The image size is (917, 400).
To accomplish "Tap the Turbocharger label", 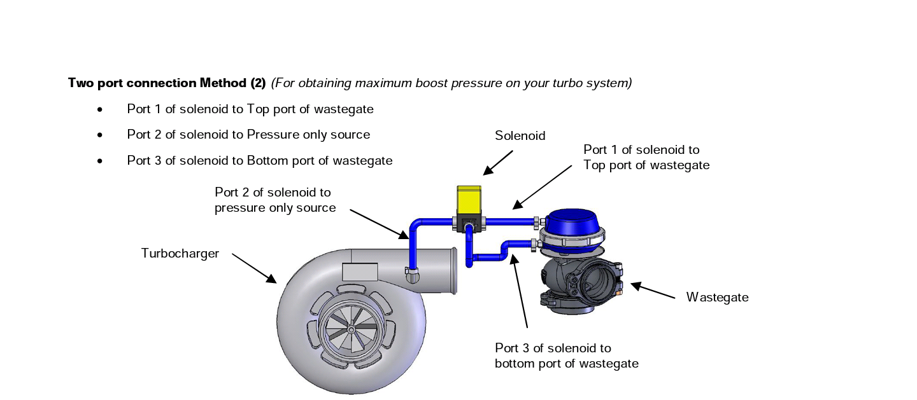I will pyautogui.click(x=180, y=254).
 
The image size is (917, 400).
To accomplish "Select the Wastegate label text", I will pyautogui.click(x=717, y=297).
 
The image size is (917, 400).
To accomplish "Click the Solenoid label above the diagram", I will pyautogui.click(x=520, y=135).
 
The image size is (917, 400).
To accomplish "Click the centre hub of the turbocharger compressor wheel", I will pyautogui.click(x=350, y=329).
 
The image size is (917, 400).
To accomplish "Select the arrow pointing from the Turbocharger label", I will pyautogui.click(x=254, y=268).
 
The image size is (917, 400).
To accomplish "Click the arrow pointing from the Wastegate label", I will pyautogui.click(x=653, y=291).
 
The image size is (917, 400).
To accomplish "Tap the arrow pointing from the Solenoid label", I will pyautogui.click(x=498, y=162).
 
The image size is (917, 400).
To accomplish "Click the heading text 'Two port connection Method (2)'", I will pyautogui.click(x=167, y=83).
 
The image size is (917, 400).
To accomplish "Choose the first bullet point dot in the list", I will pyautogui.click(x=100, y=109).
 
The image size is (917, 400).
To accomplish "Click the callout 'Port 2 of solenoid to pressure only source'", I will pyautogui.click(x=275, y=200).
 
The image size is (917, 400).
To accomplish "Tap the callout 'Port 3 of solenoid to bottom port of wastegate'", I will pyautogui.click(x=566, y=356).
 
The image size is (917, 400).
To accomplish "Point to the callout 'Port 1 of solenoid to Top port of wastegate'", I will pyautogui.click(x=646, y=157).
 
